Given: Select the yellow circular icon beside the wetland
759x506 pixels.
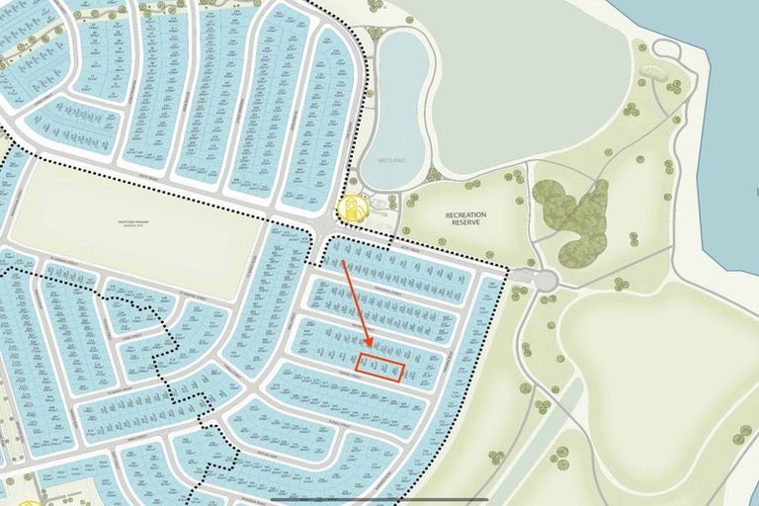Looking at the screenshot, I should [350, 210].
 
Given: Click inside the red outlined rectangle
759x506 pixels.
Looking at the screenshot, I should [380, 367].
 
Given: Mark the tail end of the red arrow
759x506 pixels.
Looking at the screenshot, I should [342, 262].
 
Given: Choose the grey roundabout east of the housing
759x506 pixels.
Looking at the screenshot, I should [545, 281].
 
